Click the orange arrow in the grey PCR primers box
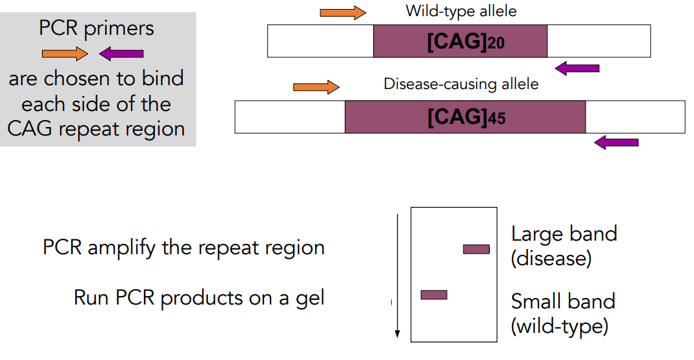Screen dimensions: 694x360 [65, 54]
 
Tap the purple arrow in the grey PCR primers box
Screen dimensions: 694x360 [121, 54]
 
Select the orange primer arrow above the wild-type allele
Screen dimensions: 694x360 [343, 13]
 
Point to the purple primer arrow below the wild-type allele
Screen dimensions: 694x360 [577, 68]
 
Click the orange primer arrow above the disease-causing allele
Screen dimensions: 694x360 [316, 87]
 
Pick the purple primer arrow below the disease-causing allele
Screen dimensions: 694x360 [616, 143]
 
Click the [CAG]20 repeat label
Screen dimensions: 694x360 [465, 41]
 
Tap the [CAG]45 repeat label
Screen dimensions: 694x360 [467, 117]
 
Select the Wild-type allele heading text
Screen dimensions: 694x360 [461, 11]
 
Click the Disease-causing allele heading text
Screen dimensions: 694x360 [461, 84]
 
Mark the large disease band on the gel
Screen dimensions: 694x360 [476, 250]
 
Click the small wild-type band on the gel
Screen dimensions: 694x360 [434, 295]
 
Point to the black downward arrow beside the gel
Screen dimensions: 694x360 [398, 276]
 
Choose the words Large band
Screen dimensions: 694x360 [564, 234]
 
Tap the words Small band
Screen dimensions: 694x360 [563, 302]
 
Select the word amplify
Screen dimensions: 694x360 [122, 248]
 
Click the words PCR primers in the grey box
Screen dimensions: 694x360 [96, 29]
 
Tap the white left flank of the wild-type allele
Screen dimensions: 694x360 [320, 41]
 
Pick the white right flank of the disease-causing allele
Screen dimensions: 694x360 [636, 117]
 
